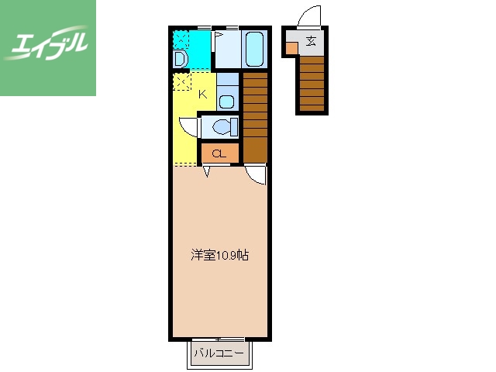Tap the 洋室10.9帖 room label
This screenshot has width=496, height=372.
coord(220,255)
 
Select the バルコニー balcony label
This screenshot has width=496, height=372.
coord(219,353)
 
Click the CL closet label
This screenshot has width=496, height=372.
coord(219,154)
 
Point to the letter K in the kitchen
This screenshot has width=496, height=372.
coord(203,95)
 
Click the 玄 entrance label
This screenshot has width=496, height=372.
coord(311,42)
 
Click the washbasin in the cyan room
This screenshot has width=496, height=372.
coord(180,60)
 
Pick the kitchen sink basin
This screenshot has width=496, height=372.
coord(227,99)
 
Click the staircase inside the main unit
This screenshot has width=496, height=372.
coord(255,116)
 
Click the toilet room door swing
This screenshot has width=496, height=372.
coord(187,126)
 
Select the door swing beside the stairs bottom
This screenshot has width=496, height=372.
coord(257,175)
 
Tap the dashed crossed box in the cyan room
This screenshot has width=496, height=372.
coord(181,39)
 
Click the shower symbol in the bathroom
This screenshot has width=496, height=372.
coord(219,36)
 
